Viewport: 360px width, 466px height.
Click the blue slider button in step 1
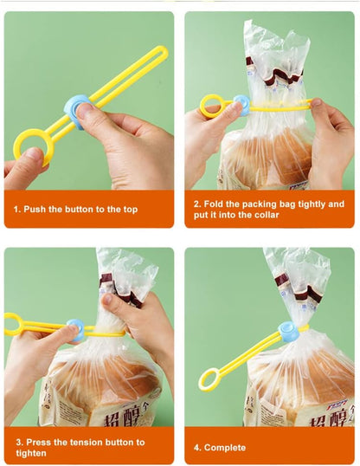pos(77,113)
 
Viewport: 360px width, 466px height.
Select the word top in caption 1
pos(129,209)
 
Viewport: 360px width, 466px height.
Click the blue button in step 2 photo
pos(241,106)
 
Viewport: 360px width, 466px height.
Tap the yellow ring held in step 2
pos(212,107)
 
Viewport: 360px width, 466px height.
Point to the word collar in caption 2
pos(262,215)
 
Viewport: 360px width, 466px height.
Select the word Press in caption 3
pos(39,442)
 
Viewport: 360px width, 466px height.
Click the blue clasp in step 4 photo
pos(288,331)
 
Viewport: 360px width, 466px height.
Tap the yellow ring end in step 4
pos(209,379)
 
